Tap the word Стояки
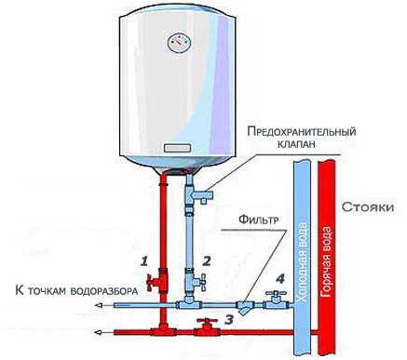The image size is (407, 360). (x=367, y=205)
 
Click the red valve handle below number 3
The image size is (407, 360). (x=202, y=326)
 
